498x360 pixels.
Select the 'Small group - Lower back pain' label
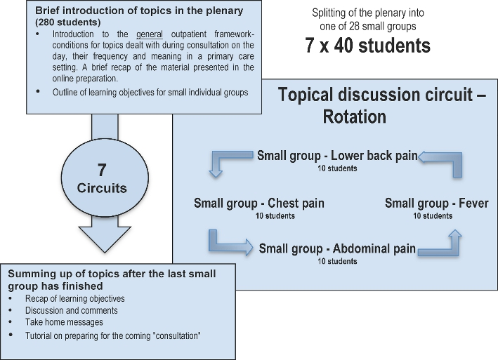pos(337,156)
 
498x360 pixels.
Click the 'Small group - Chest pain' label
pos(259,204)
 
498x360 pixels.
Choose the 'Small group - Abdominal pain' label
pos(337,248)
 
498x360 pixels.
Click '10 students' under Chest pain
pos(259,216)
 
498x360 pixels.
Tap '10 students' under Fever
pos(432,216)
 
